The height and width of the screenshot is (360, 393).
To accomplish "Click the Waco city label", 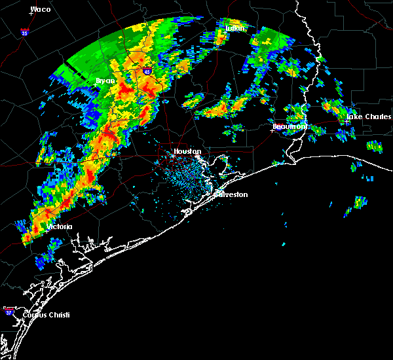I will coord(41,10).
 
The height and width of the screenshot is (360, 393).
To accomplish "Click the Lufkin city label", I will coord(234,29).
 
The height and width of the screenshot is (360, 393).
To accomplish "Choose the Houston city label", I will coord(187,151).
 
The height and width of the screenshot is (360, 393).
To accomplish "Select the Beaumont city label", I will coord(290,126).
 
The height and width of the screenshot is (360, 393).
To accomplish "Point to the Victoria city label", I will coord(59,226).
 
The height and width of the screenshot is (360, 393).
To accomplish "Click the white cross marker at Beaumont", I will coord(272,130).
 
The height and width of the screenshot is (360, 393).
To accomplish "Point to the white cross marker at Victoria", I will coord(47,230).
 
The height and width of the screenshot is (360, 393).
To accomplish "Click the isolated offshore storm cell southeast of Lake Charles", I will coord(359,203).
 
